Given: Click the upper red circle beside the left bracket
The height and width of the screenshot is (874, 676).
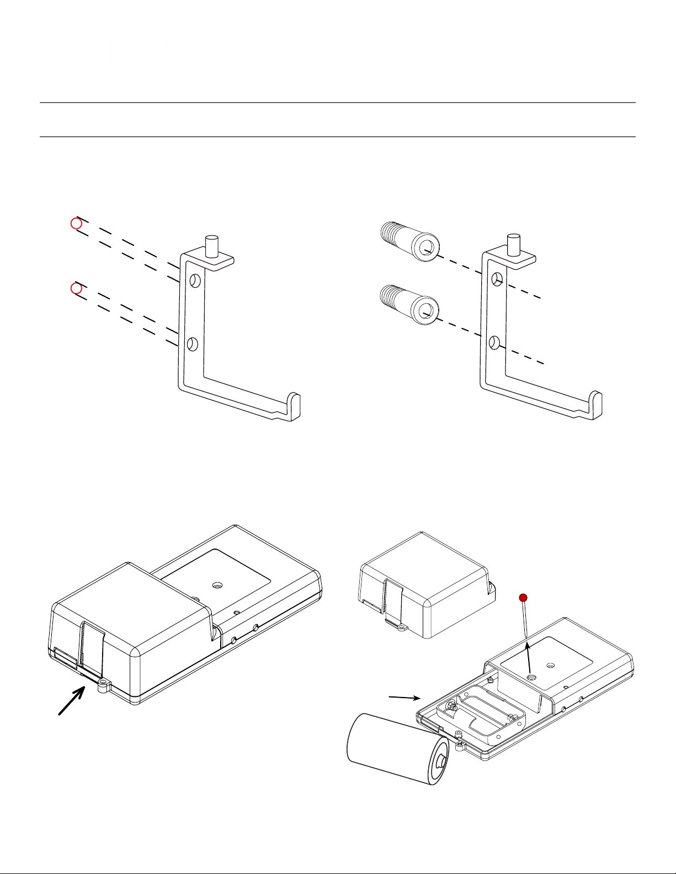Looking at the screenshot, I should [x=77, y=224].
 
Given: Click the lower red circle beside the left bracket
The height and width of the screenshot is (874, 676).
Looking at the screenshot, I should [x=77, y=288].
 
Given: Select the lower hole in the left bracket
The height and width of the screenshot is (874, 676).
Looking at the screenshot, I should [x=192, y=344].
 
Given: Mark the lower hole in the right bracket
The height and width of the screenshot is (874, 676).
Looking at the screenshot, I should [x=494, y=343].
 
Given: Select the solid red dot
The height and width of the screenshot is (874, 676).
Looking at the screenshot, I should [x=523, y=598].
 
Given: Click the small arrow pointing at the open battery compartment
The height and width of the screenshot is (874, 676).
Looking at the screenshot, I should [x=402, y=698].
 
